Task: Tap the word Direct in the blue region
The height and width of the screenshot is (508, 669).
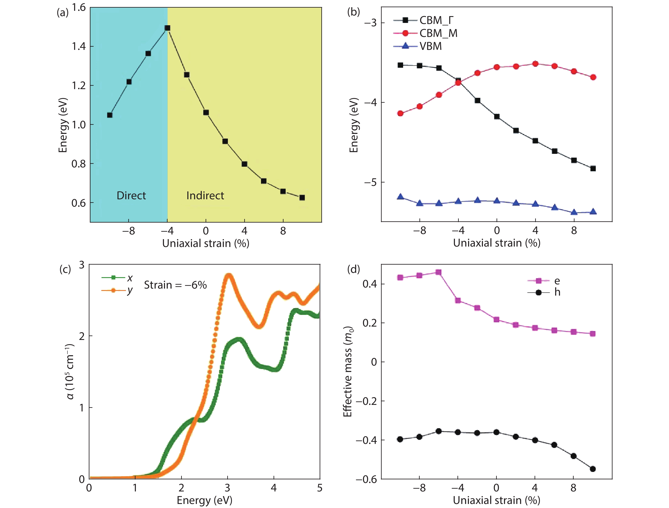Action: [131, 196]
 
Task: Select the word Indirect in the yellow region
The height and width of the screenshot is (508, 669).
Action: [205, 196]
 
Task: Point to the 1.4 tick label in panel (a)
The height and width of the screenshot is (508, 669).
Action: [79, 46]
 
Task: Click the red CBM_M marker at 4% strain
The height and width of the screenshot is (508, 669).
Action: [535, 64]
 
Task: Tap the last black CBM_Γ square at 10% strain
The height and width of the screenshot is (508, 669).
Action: [593, 169]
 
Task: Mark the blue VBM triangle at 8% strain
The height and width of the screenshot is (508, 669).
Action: [574, 212]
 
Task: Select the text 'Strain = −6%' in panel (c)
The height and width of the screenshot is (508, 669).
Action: [175, 285]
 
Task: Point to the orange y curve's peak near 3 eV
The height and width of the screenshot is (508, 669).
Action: [229, 275]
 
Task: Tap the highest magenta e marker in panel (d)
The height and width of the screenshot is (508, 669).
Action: [438, 272]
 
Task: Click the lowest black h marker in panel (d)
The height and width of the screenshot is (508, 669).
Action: [593, 469]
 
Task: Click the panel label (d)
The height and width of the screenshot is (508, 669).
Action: [353, 269]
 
